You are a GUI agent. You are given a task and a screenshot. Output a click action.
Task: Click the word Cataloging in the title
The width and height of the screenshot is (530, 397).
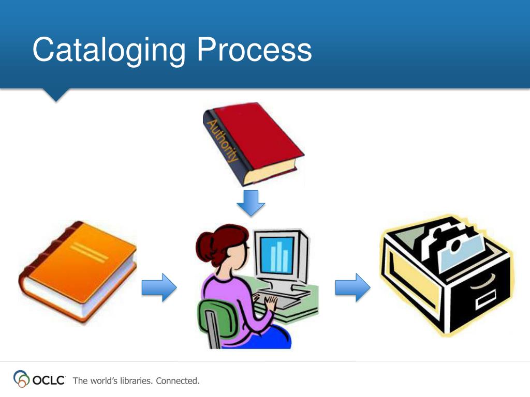click(x=109, y=51)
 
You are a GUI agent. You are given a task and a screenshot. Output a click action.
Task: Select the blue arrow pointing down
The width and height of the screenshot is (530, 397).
click(x=251, y=203)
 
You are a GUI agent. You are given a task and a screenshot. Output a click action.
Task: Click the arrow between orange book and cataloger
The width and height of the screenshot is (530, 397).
click(x=159, y=287)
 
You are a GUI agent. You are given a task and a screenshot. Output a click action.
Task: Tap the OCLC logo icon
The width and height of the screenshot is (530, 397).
click(x=21, y=378)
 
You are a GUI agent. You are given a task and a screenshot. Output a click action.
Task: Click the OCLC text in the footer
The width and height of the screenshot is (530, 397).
click(x=49, y=380)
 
